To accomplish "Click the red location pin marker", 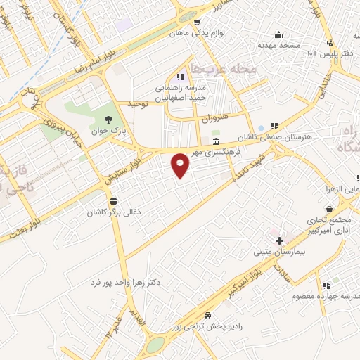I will pyautogui.click(x=181, y=165).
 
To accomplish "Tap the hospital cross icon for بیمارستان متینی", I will pyautogui.click(x=279, y=240).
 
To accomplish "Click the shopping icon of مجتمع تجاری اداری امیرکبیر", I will pyautogui.click(x=330, y=209).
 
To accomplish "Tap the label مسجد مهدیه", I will pyautogui.click(x=279, y=44).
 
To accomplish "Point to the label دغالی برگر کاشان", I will pyautogui.click(x=112, y=212).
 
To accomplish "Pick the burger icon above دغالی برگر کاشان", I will pyautogui.click(x=113, y=201).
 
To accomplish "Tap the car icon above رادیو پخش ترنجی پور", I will pyautogui.click(x=207, y=316).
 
